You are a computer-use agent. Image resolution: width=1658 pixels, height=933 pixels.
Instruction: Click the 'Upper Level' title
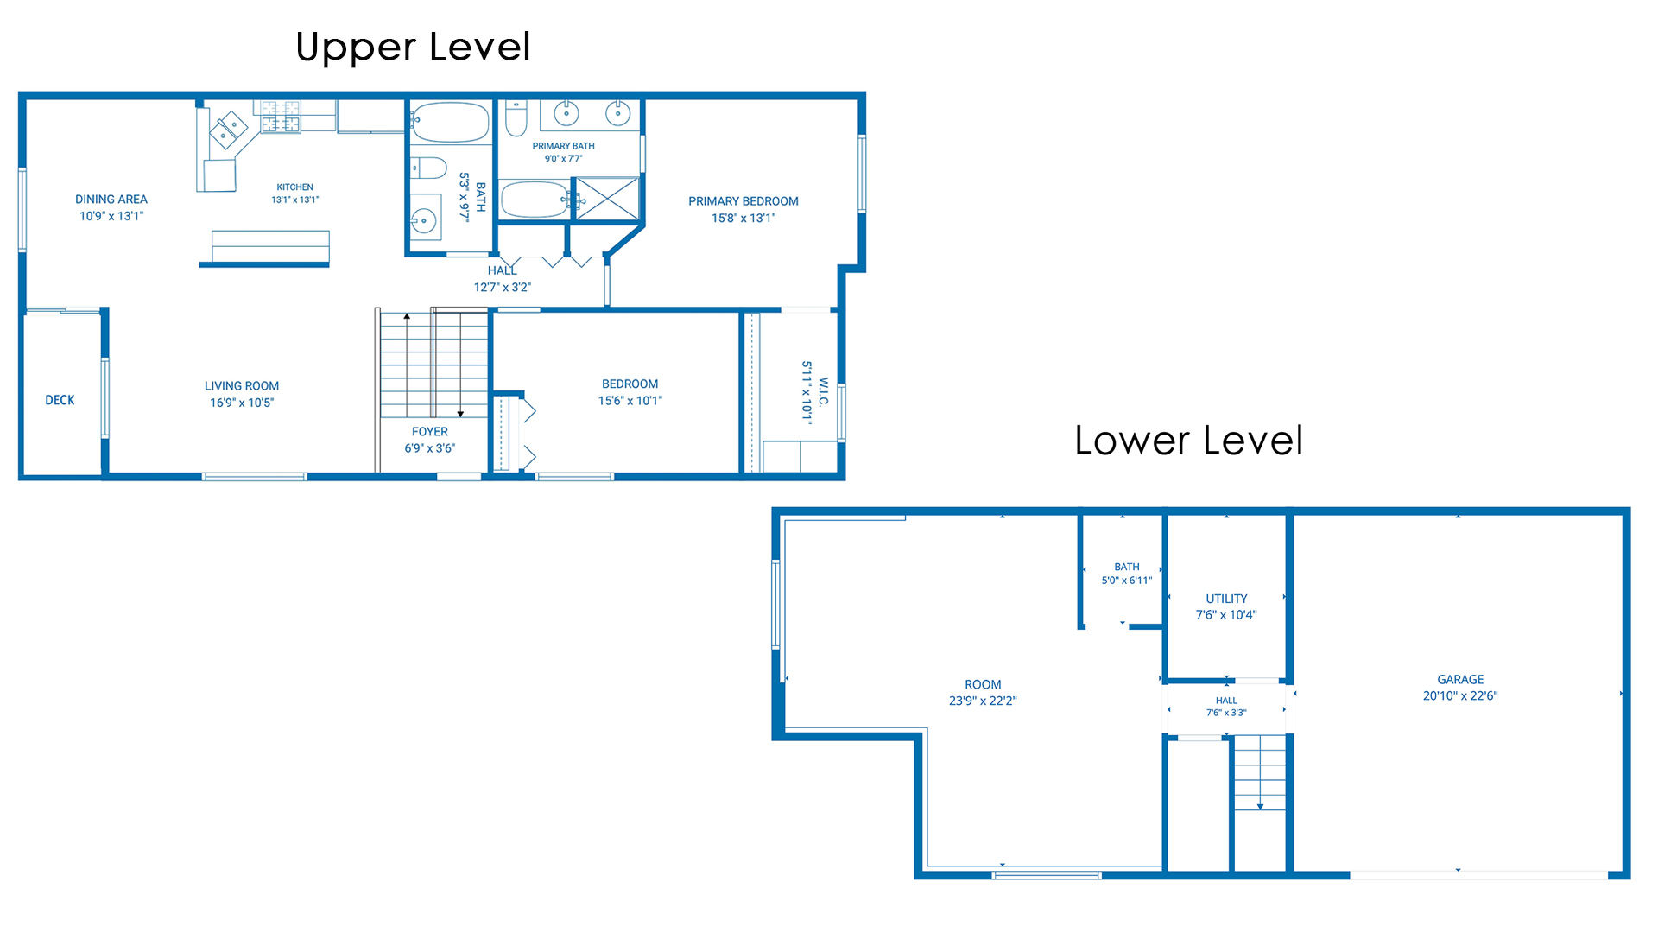pos(413,47)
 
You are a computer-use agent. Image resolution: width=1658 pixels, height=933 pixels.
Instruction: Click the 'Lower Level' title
pos(1188,441)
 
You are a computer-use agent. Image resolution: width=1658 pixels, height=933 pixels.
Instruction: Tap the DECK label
pos(60,400)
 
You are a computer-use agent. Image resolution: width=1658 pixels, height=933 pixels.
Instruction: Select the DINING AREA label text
pos(111,200)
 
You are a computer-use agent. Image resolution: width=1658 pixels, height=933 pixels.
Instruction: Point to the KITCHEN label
pos(295,187)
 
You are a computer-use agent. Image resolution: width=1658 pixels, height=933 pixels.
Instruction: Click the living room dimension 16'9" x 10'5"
pos(242,403)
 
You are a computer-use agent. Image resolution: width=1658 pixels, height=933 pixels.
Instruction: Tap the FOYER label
pos(430,432)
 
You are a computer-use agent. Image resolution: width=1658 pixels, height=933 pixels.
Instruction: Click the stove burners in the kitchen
pos(281,117)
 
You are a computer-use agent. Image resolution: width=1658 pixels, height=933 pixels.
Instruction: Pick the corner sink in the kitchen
pos(230,130)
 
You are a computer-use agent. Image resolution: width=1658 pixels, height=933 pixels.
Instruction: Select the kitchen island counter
pos(270,247)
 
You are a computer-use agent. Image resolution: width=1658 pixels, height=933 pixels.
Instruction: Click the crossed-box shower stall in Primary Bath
pos(608,199)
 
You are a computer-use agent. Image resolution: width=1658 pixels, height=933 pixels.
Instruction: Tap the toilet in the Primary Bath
pos(516,118)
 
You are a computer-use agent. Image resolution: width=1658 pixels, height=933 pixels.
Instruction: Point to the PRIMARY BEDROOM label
pos(744,201)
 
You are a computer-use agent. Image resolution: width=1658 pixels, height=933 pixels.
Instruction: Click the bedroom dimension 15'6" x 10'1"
pos(630,401)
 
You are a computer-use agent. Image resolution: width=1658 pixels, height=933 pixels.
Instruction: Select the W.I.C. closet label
pos(823,391)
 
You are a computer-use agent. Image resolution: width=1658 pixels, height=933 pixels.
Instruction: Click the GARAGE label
pos(1460,680)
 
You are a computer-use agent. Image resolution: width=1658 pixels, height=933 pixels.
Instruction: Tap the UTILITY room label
pos(1226,599)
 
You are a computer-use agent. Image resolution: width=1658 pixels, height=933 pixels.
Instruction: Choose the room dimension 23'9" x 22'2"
pos(983,701)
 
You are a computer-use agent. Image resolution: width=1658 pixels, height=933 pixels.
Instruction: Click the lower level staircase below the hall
pos(1260,773)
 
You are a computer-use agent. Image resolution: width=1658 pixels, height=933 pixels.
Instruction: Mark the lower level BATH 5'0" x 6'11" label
pos(1127,574)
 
